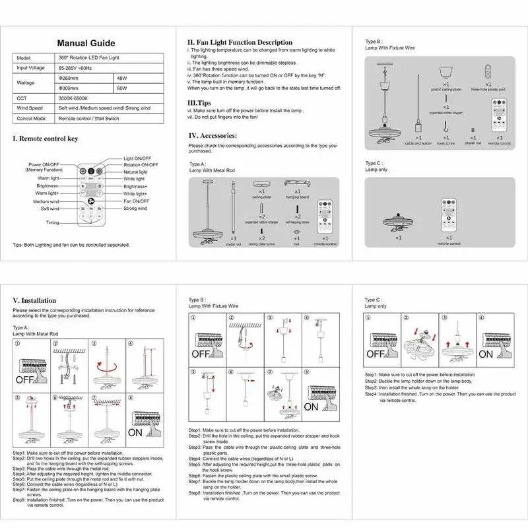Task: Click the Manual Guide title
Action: pyautogui.click(x=86, y=44)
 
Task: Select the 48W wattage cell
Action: pyautogui.click(x=121, y=77)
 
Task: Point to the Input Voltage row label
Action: pyautogui.click(x=31, y=68)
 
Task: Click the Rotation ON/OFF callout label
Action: pyautogui.click(x=141, y=165)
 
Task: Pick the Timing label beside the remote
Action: pyautogui.click(x=53, y=223)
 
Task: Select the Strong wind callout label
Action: pyautogui.click(x=135, y=209)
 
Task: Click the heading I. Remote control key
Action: pyautogui.click(x=46, y=139)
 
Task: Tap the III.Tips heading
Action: pyautogui.click(x=199, y=103)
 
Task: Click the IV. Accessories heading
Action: pyautogui.click(x=213, y=135)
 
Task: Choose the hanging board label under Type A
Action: pyautogui.click(x=298, y=197)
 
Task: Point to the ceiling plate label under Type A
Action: pyautogui.click(x=261, y=197)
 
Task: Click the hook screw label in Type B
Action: pyautogui.click(x=446, y=143)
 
